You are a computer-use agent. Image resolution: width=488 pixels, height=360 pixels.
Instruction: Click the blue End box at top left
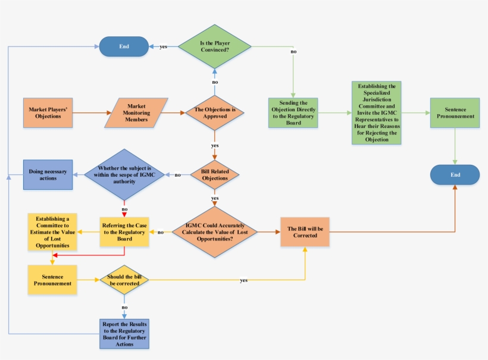tap(124, 46)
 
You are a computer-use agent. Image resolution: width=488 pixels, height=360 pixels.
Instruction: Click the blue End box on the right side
tap(455, 175)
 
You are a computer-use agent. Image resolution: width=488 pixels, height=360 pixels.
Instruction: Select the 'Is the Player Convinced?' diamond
tap(215, 46)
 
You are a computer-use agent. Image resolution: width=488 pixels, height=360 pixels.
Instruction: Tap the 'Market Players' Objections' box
tap(48, 112)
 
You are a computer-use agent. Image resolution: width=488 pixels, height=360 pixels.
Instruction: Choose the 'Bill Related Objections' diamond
tap(215, 175)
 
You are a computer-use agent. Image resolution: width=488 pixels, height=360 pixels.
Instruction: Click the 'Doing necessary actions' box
tap(48, 175)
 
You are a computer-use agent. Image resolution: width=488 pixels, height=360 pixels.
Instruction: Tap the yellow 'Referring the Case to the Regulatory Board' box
tap(124, 232)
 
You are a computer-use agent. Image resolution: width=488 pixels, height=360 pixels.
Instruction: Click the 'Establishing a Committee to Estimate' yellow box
tap(52, 232)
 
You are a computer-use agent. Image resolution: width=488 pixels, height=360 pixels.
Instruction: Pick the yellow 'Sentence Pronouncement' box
tap(52, 280)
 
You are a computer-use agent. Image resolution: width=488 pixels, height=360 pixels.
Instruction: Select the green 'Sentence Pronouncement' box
tap(455, 112)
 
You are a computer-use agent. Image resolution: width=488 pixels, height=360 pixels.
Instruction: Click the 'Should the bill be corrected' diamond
tap(124, 280)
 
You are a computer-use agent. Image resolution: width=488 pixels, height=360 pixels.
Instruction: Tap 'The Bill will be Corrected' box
tap(304, 232)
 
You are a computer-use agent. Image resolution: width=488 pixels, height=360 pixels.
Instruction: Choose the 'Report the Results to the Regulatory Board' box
tap(124, 333)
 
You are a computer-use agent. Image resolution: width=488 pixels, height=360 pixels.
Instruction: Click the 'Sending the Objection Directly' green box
tap(293, 112)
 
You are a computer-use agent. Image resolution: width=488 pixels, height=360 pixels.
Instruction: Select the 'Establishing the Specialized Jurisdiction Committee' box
tap(376, 112)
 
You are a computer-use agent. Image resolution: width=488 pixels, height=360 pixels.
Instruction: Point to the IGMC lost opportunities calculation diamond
tap(215, 232)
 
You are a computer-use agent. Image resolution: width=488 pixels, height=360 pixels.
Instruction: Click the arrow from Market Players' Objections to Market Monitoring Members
tap(89, 112)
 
